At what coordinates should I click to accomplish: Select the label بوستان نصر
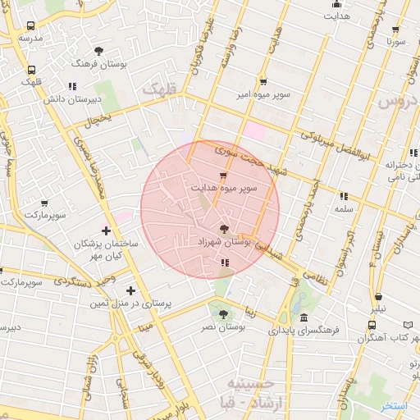[x=224, y=326]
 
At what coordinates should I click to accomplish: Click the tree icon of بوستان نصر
[x=223, y=313]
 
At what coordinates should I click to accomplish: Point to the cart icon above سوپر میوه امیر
[x=262, y=81]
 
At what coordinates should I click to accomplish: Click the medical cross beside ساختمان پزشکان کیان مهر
[x=106, y=229]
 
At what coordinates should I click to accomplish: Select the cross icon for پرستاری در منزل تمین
[x=130, y=290]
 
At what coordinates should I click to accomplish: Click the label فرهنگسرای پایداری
[x=308, y=331]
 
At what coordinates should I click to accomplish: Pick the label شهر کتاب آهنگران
[x=394, y=338]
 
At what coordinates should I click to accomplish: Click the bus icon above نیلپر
[x=379, y=298]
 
